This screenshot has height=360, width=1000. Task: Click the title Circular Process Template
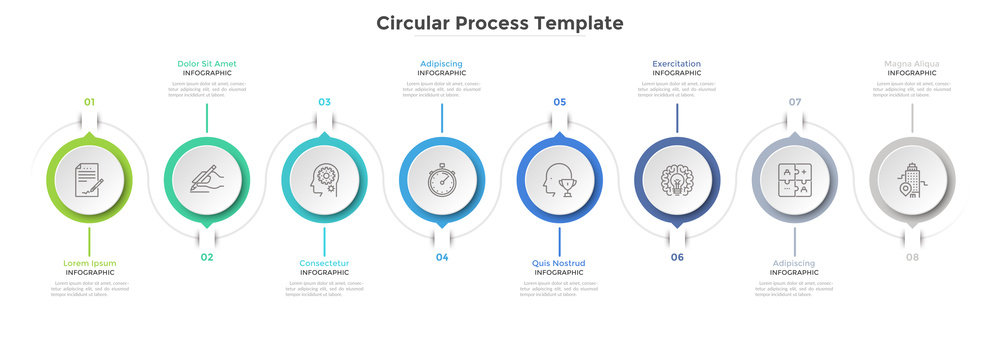point(499,23)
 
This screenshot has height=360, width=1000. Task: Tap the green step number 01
point(89,102)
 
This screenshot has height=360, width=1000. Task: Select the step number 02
point(207,257)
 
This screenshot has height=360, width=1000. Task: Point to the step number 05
point(559,102)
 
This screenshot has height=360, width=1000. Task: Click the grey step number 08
point(912,257)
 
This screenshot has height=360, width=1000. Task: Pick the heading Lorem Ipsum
point(89,263)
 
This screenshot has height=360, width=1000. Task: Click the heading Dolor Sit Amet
point(207,64)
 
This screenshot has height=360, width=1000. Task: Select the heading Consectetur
point(324,263)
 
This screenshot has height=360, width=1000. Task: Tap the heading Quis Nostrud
point(559,263)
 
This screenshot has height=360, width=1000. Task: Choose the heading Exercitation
point(677,64)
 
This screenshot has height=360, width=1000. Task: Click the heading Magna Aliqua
point(912,64)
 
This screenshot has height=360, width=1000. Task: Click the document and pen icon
point(89,180)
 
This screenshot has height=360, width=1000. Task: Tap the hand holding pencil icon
point(207,180)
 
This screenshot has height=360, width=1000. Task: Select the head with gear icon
point(324,180)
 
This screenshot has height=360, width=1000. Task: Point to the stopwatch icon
point(442,180)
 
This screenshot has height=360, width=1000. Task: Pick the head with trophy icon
point(559,180)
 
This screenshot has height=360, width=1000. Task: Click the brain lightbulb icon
point(677,180)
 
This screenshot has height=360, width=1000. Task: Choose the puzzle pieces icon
point(795,180)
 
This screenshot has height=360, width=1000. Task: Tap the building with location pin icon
point(912,180)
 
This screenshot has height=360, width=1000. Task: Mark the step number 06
point(677,257)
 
